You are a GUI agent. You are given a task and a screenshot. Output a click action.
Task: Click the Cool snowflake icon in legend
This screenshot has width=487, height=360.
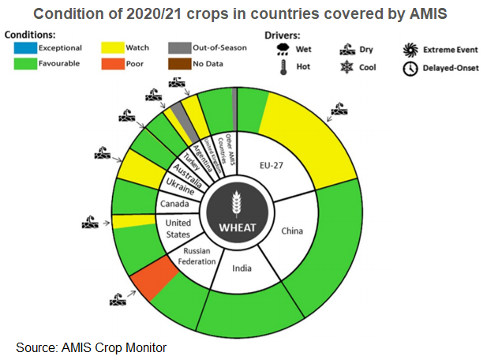[346, 68]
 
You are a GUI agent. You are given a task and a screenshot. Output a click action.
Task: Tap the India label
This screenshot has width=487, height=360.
[242, 268]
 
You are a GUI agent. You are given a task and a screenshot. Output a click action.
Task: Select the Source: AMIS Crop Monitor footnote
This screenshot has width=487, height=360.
[91, 347]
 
